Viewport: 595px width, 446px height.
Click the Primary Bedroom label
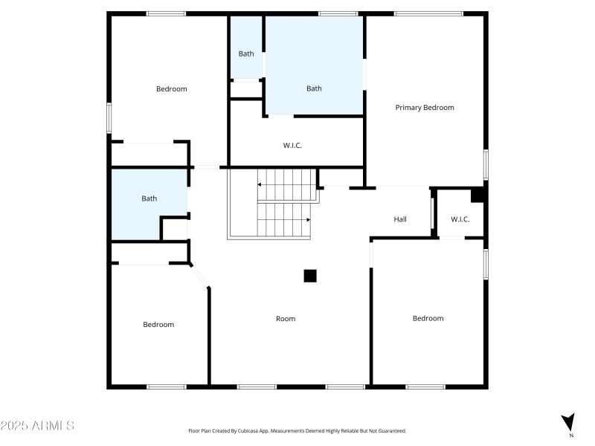point(424,108)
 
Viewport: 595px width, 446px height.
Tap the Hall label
point(400,219)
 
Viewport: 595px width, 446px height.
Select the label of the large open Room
point(286,319)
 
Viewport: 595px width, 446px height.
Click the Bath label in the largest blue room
point(314,88)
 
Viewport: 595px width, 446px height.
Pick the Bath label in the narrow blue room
point(245,54)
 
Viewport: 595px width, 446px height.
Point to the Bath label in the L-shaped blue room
point(149,198)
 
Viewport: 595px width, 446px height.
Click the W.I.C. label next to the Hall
point(460,219)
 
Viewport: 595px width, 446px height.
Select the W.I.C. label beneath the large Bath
point(292,146)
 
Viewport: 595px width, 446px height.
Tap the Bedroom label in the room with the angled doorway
point(158,325)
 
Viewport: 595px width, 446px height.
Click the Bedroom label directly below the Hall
point(428,319)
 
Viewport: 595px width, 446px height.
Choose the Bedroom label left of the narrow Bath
point(171,89)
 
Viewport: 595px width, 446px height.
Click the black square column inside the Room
point(310,276)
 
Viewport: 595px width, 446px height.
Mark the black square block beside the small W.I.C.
point(478,195)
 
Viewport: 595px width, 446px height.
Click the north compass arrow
point(569,421)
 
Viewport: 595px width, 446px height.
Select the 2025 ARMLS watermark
point(37,426)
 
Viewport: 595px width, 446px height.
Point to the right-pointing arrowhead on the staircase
point(307,220)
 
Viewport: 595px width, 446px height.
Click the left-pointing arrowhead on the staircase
point(260,184)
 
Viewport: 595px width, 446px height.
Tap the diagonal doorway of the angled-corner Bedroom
point(199,274)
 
